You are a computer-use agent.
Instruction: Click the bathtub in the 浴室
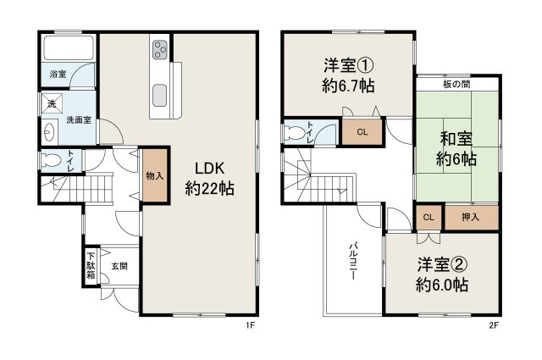[68, 47]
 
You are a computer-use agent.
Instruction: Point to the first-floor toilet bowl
[53, 160]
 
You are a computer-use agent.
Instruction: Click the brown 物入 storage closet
[154, 176]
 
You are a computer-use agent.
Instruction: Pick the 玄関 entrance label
[119, 265]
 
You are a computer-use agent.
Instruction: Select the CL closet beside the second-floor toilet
[362, 132]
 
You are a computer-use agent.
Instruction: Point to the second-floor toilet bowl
[296, 132]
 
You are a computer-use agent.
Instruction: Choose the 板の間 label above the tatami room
[457, 85]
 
